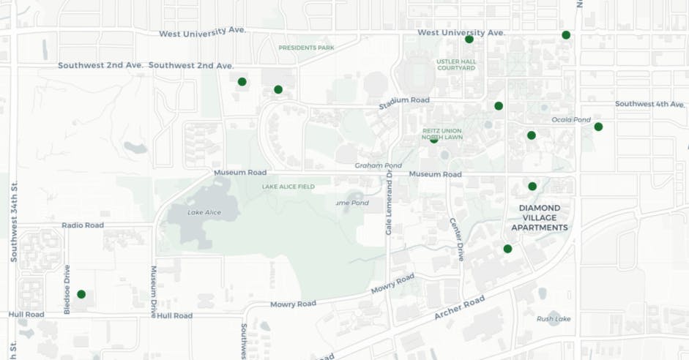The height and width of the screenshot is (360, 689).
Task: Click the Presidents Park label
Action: pos(306,48)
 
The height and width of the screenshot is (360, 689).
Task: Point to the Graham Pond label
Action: pos(374,165)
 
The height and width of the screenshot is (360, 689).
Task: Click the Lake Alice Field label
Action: pos(288,187)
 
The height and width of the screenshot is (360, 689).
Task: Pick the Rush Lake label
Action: pos(553,318)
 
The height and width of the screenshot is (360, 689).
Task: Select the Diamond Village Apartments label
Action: pos(543,217)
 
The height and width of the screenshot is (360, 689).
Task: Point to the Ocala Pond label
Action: pos(570,119)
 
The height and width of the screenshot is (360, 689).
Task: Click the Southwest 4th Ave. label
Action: pos(649,104)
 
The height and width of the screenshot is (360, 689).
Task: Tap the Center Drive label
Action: pos(456,239)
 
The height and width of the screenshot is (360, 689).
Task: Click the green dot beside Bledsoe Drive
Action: pos(81,294)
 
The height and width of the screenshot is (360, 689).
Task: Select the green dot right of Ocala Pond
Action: pos(598,127)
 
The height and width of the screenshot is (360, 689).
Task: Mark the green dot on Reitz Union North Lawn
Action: pos(434,139)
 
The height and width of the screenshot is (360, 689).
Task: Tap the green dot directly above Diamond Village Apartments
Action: pos(532,186)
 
